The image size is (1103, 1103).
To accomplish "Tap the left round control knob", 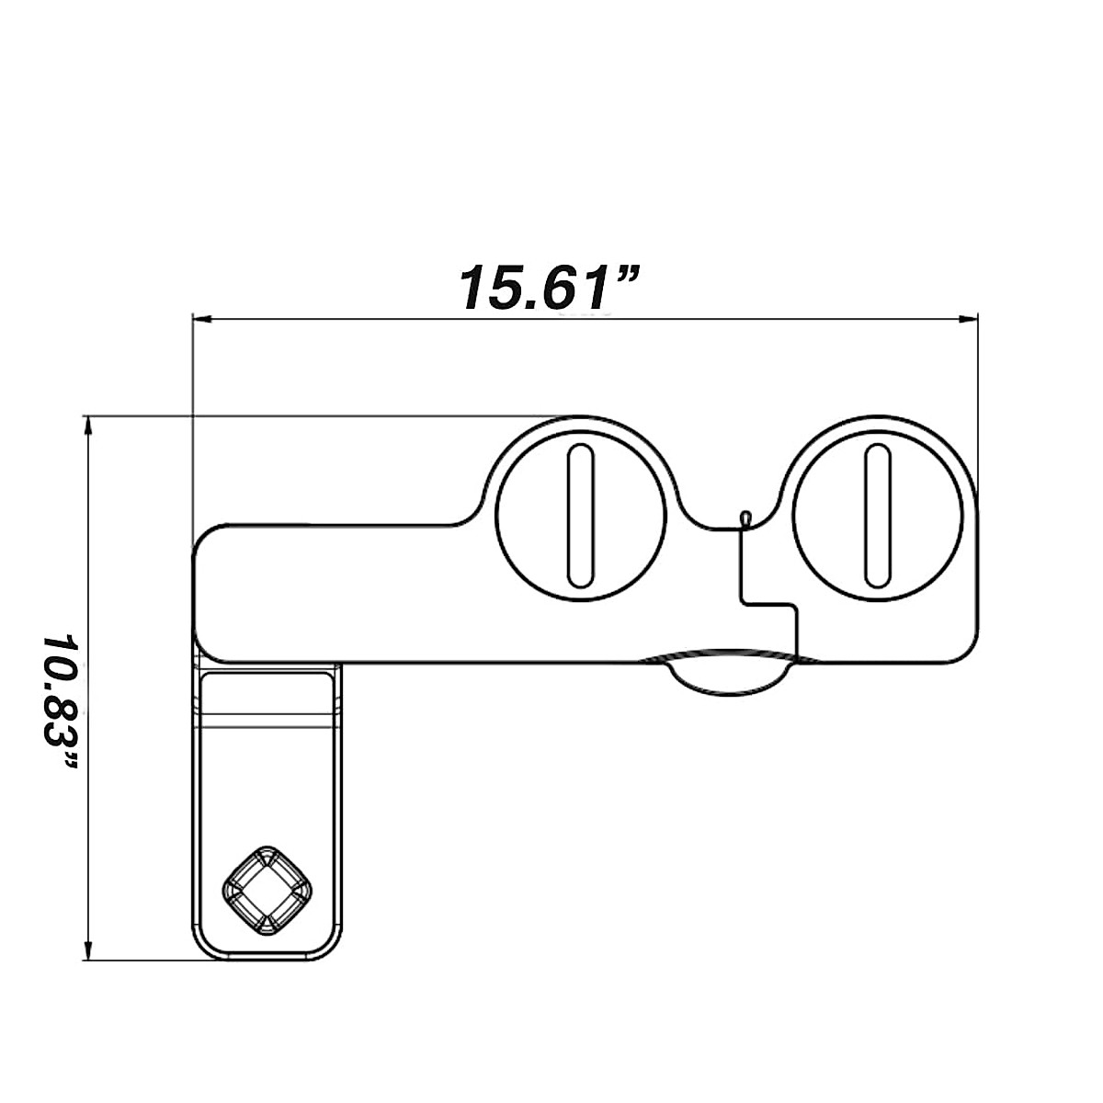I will click(580, 517).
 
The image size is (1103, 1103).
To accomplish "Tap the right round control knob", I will click(877, 517).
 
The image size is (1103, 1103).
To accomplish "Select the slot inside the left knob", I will click(580, 517).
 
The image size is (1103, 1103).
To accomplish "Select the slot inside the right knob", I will click(877, 517).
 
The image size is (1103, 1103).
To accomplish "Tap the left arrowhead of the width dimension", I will click(201, 320).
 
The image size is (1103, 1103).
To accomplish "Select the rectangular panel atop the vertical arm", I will click(267, 699).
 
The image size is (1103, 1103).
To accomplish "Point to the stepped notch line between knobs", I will click(768, 604).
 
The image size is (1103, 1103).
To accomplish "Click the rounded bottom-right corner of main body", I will click(965, 650).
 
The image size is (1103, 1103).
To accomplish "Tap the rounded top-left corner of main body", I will click(204, 537).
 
